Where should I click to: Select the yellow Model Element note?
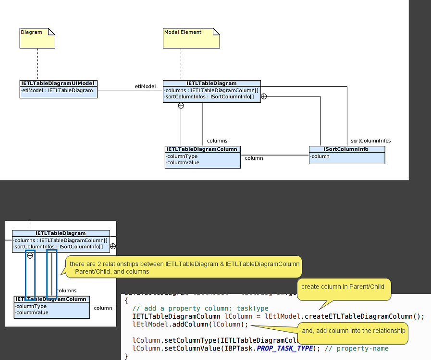pos(191,38)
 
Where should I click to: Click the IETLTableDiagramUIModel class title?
pos(58,84)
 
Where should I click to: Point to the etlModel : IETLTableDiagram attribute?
pos(57,90)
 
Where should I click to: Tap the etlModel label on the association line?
pos(145,86)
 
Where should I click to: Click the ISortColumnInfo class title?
pos(346,149)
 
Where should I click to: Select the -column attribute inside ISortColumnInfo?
pos(320,156)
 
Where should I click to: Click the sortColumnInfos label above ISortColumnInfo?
pos(370,141)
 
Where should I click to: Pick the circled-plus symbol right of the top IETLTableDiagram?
pos(264,96)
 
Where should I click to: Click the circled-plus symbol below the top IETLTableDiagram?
pos(181,105)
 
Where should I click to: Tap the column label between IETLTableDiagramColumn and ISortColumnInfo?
pos(254,158)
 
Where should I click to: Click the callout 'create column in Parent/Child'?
pos(343,287)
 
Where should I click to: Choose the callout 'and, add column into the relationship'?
pos(354,331)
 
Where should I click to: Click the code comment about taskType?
pos(200,308)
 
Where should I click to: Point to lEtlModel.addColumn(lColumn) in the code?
pos(190,324)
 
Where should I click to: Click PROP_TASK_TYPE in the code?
pos(285,348)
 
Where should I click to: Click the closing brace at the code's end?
pos(126,356)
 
